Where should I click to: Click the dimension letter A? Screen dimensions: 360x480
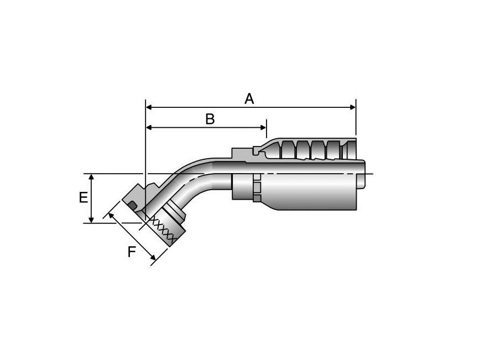click(249, 99)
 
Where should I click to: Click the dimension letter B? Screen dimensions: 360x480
click(210, 119)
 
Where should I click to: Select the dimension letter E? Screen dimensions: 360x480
click(83, 198)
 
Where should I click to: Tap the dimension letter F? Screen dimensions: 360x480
click(131, 252)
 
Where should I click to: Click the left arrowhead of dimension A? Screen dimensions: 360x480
click(149, 107)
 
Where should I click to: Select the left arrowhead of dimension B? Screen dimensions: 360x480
click(149, 128)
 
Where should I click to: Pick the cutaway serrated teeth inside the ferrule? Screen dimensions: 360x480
click(310, 149)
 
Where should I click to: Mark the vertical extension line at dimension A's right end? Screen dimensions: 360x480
click(356, 119)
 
